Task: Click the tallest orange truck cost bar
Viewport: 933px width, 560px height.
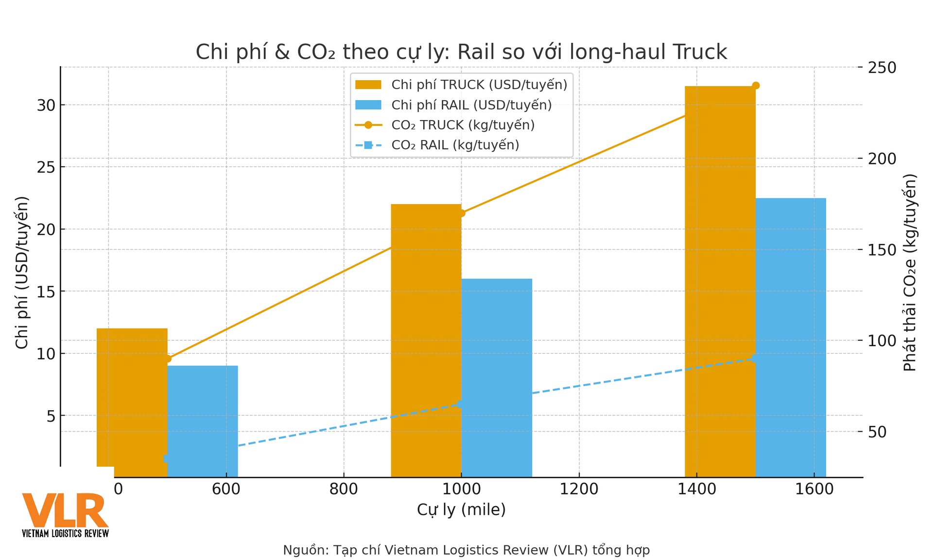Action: [720, 282]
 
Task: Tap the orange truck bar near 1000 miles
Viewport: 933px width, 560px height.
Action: [426, 340]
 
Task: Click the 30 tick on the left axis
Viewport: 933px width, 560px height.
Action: [46, 105]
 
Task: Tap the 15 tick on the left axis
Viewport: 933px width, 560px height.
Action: [46, 292]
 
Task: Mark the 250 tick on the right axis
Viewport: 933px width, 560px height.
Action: [881, 68]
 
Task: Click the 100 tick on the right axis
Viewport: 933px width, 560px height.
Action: [881, 341]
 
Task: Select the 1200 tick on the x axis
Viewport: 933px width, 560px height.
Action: [579, 490]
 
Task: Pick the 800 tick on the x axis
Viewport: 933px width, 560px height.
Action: [344, 490]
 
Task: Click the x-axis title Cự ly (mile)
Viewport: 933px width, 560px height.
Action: [461, 510]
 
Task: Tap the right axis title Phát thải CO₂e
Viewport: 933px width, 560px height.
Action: [909, 272]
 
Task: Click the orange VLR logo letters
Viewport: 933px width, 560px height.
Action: [65, 510]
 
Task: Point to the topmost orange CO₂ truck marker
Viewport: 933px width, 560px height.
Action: [756, 86]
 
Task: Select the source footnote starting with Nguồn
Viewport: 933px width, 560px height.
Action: [466, 550]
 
